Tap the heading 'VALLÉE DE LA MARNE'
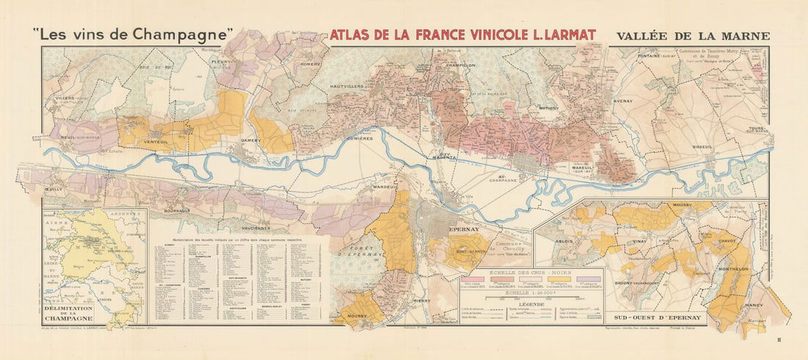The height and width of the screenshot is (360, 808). click(x=693, y=35)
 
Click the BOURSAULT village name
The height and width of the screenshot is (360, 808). click(x=173, y=210)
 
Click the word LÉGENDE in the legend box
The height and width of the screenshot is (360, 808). click(x=530, y=303)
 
